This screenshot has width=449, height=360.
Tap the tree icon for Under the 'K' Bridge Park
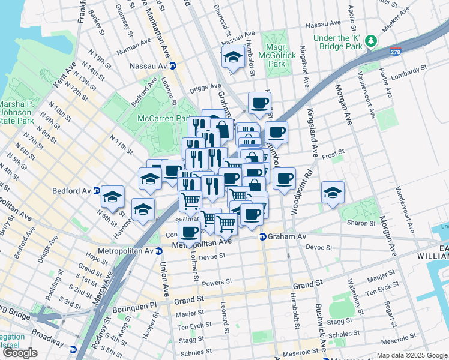[x=372, y=40]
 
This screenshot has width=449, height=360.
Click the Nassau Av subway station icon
[x=173, y=66]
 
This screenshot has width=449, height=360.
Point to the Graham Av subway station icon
[x=263, y=236]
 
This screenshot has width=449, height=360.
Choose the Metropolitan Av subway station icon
[x=158, y=251]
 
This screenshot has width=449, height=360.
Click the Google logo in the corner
[x=20, y=353]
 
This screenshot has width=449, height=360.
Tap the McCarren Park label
[x=162, y=118]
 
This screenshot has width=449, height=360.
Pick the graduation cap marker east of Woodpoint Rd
[x=333, y=193]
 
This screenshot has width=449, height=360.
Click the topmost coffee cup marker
[x=259, y=103]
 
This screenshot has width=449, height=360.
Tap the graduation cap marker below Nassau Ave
[x=232, y=58]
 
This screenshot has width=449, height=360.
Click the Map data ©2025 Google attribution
[x=412, y=355]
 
